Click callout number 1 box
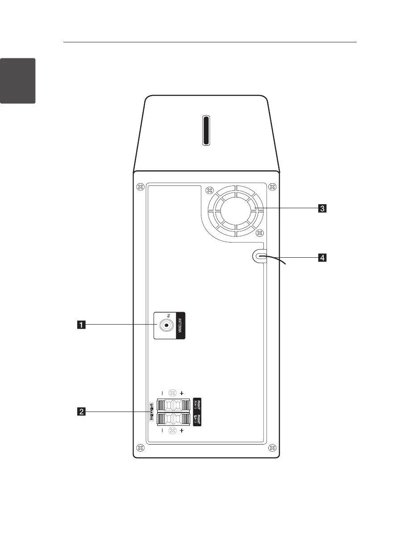(x=81, y=325)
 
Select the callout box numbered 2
(x=81, y=412)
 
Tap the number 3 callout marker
(x=321, y=208)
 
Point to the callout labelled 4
(x=321, y=257)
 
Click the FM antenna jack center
(x=166, y=326)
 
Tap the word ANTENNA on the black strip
(x=180, y=325)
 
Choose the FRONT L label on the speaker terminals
(x=197, y=420)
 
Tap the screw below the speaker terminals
(x=172, y=431)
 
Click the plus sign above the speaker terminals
(x=182, y=394)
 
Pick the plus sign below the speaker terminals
(x=182, y=431)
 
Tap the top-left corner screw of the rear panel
(x=140, y=186)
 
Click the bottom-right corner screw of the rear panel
(x=273, y=447)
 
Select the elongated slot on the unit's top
(x=206, y=131)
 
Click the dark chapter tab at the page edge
(x=17, y=80)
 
